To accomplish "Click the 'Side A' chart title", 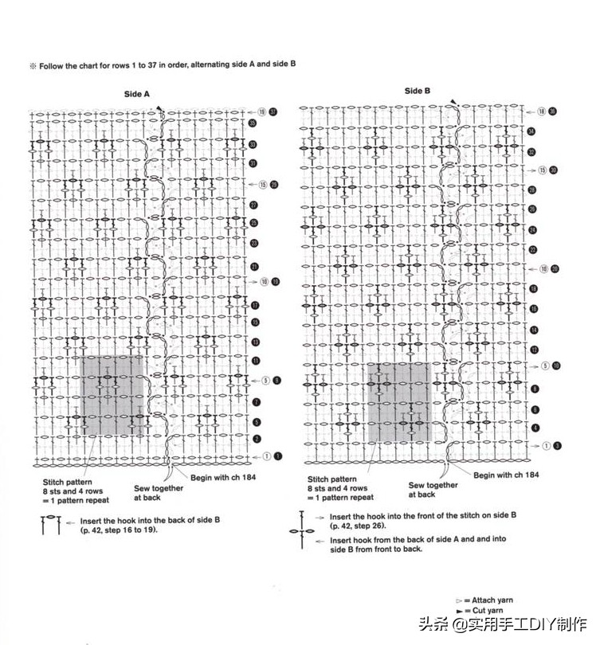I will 137,94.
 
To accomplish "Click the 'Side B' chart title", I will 417,91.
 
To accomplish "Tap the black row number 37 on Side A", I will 273,111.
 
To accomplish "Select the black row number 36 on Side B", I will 553,111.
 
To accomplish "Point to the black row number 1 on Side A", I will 277,456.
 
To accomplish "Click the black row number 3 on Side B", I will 558,446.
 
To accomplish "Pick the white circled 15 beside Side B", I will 543,170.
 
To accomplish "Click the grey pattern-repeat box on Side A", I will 112,396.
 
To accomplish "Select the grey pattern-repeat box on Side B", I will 398,402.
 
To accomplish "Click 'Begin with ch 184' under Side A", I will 222,477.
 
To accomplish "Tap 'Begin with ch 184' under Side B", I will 506,475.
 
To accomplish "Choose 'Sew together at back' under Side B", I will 433,490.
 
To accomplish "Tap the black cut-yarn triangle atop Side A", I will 159,109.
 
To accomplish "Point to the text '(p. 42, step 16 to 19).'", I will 119,529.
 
